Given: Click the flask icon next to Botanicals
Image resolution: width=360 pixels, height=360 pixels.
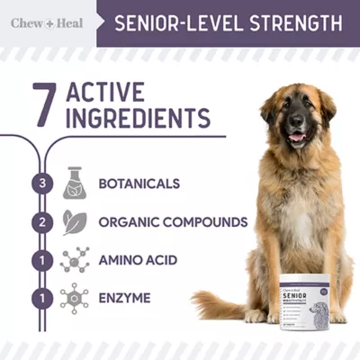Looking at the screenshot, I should click(75, 184).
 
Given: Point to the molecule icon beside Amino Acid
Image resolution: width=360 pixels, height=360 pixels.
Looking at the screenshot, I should click(75, 260).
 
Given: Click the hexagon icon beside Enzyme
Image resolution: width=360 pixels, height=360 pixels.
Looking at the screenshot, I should click(75, 296).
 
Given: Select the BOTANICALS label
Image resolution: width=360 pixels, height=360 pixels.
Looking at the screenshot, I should click(139, 184).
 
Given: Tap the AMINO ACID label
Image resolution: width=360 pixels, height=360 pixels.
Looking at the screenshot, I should click(138, 260).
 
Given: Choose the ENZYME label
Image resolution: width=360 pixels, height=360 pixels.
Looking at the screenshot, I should click(124, 296).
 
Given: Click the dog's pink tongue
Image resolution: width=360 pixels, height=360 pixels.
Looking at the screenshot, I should click(297, 137).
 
